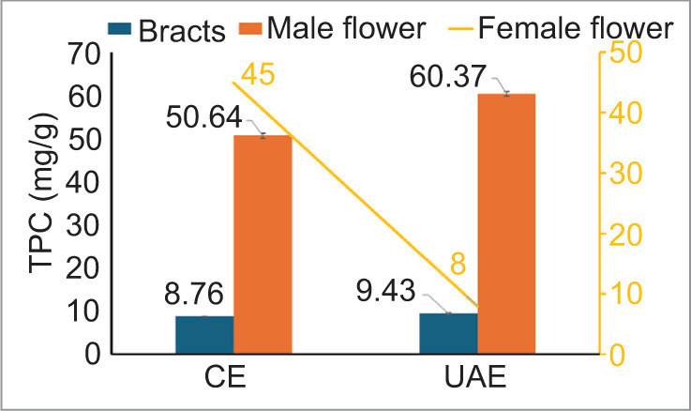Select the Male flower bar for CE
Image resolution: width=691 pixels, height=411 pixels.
click(x=263, y=244)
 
